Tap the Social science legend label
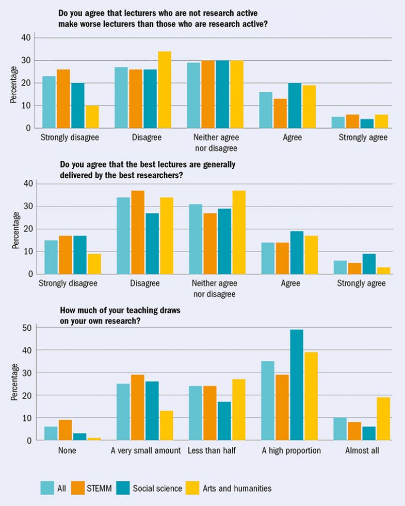point(157,488)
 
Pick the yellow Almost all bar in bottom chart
point(383,418)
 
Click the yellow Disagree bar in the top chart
point(165,90)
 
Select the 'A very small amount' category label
point(145,451)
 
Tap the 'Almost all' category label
point(361,451)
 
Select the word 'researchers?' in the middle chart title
point(163,175)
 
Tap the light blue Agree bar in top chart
point(266,110)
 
